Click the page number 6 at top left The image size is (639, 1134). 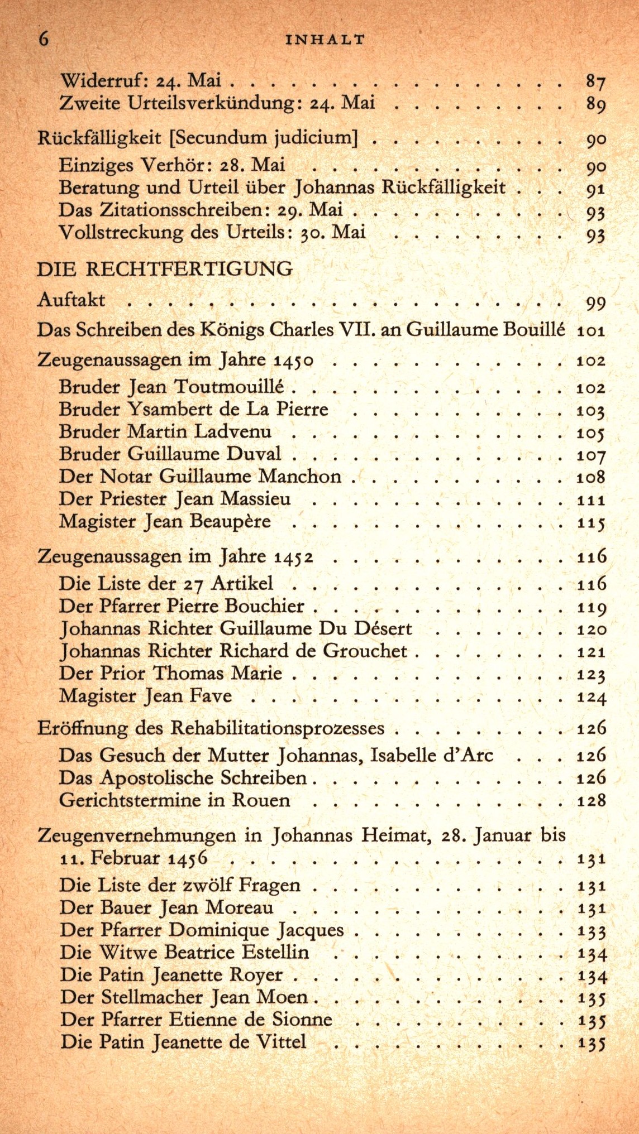pyautogui.click(x=44, y=39)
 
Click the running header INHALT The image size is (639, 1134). pyautogui.click(x=325, y=40)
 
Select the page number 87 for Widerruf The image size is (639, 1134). pyautogui.click(x=595, y=82)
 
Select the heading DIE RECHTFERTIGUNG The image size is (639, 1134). pyautogui.click(x=165, y=269)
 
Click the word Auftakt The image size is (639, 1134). pyautogui.click(x=71, y=300)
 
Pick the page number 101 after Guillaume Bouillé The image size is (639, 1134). pyautogui.click(x=591, y=330)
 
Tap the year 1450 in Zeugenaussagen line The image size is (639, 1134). pyautogui.click(x=293, y=361)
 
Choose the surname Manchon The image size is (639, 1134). pyautogui.click(x=300, y=476)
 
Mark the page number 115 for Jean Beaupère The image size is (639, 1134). pyautogui.click(x=591, y=522)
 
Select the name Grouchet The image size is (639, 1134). pyautogui.click(x=365, y=651)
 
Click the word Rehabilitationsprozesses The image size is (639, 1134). pyautogui.click(x=277, y=728)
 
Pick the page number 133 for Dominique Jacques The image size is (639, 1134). pyautogui.click(x=592, y=931)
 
